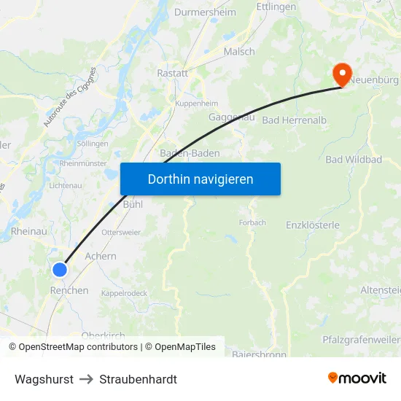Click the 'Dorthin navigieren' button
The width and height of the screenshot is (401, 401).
[x=200, y=179]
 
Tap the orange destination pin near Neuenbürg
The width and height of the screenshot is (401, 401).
[x=341, y=74]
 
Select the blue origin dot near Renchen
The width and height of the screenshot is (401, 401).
[x=60, y=270]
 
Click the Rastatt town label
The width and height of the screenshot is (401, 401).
[x=173, y=73]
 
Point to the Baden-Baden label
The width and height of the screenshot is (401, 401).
[x=190, y=154]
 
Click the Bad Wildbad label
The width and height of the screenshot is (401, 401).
[x=354, y=160]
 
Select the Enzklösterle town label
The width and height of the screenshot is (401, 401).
[x=313, y=225]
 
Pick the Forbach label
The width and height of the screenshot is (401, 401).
[x=252, y=222]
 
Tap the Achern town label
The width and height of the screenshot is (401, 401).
[x=101, y=257]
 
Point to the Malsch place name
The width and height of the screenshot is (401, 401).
[x=239, y=52]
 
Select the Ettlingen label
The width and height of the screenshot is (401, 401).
[x=276, y=7]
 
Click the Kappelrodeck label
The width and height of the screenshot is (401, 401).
[x=125, y=293]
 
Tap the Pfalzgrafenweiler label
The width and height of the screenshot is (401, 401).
[x=361, y=340]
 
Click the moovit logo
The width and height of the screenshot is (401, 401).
[x=357, y=378]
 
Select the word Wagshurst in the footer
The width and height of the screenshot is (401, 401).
[x=44, y=379]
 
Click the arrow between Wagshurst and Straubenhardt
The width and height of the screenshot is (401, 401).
[x=86, y=379]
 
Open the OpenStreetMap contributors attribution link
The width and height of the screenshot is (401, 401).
[x=77, y=347]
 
